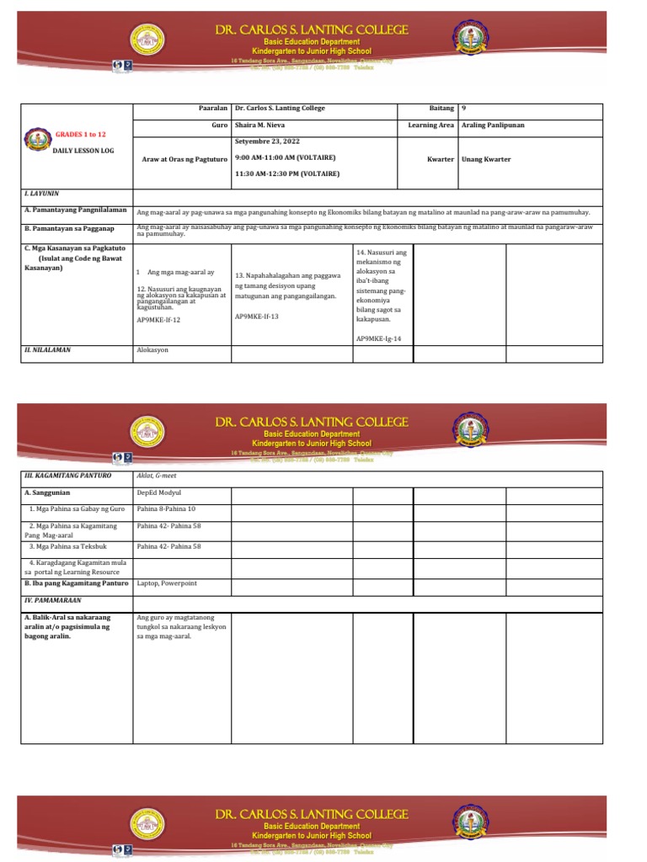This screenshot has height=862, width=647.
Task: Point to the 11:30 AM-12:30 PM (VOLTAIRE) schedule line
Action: coord(287,174)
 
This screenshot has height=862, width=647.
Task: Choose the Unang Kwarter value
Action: coord(486,158)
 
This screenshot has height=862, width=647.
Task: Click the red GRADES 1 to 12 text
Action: coord(80,134)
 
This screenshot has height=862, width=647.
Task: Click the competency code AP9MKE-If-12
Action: coord(158,321)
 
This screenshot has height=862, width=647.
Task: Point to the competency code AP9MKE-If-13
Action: coord(256,316)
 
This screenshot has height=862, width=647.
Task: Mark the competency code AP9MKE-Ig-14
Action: coord(378,338)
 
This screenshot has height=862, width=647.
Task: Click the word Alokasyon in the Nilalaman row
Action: coord(152,349)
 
